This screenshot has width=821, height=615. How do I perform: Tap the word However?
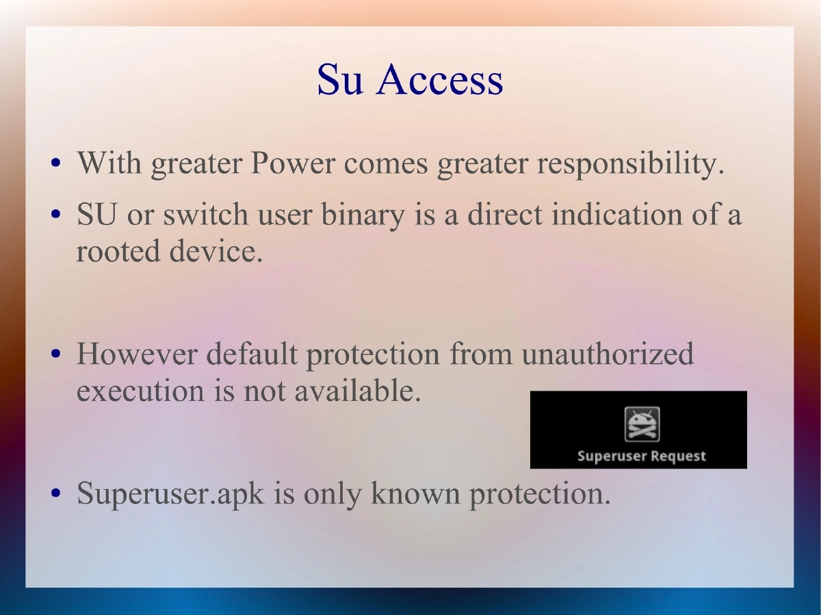tap(136, 354)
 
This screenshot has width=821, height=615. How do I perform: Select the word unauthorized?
tap(607, 354)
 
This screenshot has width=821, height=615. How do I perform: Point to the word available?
tap(357, 391)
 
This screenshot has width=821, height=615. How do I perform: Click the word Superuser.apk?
tap(170, 493)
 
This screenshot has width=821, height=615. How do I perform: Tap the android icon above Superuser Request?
tap(642, 424)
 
